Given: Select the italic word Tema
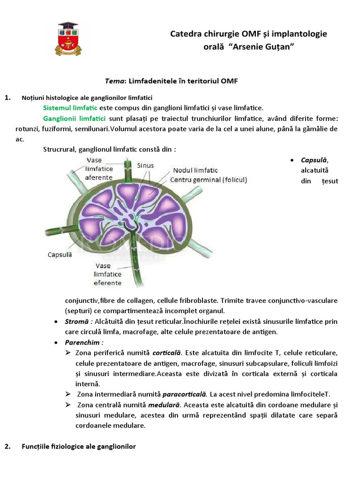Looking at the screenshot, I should point(114,81).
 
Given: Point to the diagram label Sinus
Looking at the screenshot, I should point(145,165).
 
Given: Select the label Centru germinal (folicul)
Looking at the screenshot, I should point(208,180).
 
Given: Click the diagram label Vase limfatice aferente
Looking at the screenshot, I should point(99,169).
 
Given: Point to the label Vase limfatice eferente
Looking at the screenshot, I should point(108,274).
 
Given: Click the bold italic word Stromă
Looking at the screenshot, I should point(77,322).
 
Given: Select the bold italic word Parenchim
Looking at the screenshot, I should point(83,342).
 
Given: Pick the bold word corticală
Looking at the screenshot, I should point(166,352).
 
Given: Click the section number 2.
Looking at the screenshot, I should point(7,447).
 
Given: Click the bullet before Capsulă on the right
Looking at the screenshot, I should point(292,160).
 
